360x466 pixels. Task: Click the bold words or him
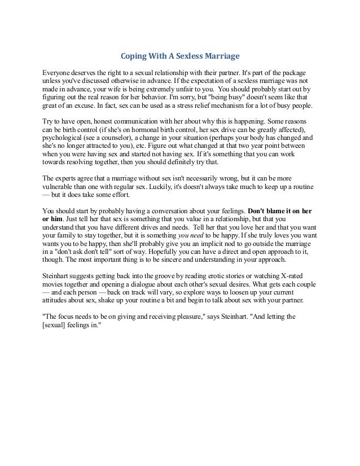click(53, 220)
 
